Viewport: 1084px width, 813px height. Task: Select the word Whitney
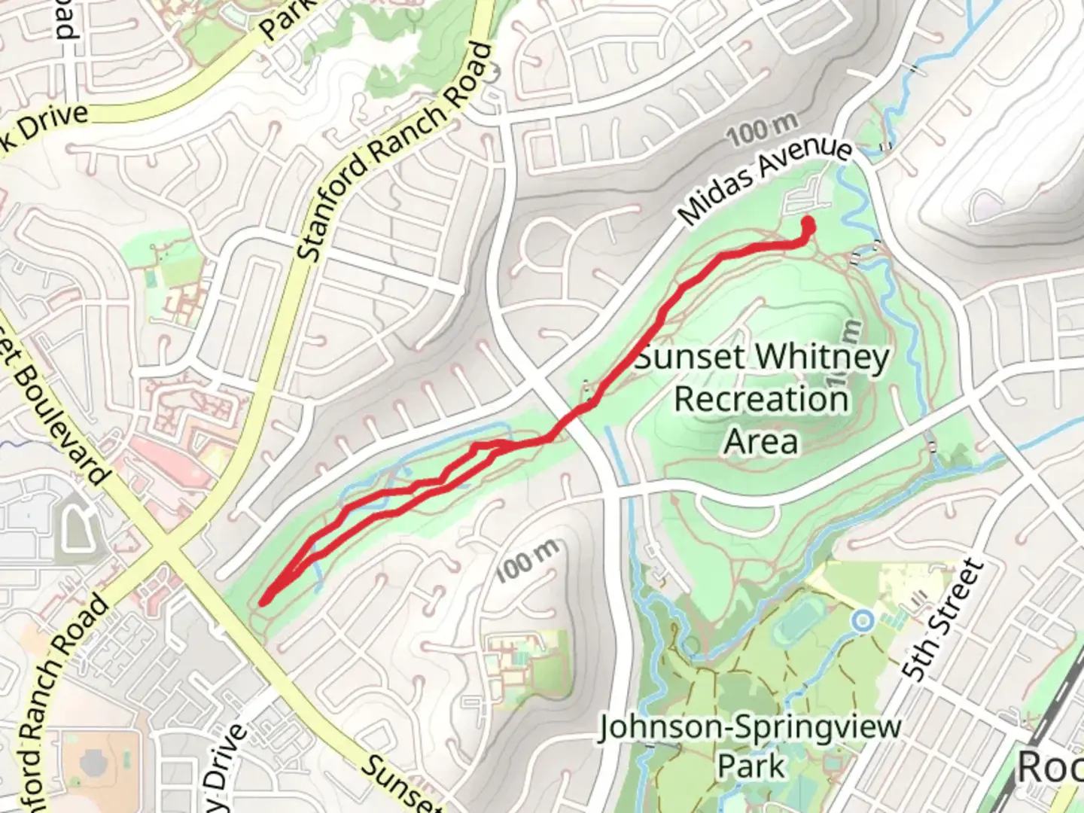click(x=818, y=358)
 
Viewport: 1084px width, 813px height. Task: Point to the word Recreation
click(x=761, y=399)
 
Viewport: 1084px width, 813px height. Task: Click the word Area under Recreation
click(x=760, y=441)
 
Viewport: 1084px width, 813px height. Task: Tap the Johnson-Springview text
click(x=750, y=728)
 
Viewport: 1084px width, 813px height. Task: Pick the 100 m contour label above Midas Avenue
click(x=762, y=130)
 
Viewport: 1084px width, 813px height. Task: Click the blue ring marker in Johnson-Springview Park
click(x=863, y=621)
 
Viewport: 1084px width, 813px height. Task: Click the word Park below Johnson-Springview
click(x=751, y=766)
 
